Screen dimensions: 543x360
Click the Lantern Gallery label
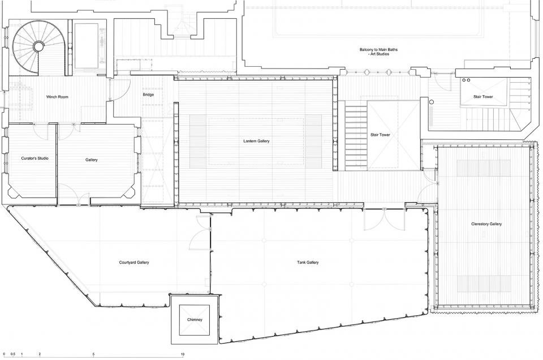pyautogui.click(x=256, y=141)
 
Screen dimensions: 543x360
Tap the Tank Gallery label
pyautogui.click(x=308, y=262)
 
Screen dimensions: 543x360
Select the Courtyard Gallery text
pyautogui.click(x=134, y=262)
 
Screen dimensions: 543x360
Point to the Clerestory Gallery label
pyautogui.click(x=486, y=224)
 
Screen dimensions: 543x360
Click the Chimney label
pyautogui.click(x=195, y=320)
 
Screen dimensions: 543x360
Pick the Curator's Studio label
pyautogui.click(x=35, y=158)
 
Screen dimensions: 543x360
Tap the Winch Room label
pyautogui.click(x=57, y=97)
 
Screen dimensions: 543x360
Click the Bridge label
pyautogui.click(x=148, y=95)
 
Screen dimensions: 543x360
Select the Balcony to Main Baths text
pyautogui.click(x=378, y=50)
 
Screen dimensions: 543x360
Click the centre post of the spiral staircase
pyautogui.click(x=38, y=46)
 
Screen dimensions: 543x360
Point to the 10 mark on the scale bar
pyautogui.click(x=183, y=354)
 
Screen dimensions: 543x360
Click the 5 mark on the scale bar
pyautogui.click(x=93, y=354)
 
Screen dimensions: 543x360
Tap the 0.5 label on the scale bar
pyautogui.click(x=13, y=354)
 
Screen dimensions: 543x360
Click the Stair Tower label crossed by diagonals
pyautogui.click(x=380, y=135)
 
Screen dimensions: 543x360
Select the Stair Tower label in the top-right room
pyautogui.click(x=483, y=97)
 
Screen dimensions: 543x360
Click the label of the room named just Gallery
pyautogui.click(x=92, y=160)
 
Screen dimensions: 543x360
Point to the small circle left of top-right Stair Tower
pyautogui.click(x=432, y=102)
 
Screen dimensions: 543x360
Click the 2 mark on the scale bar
pyautogui.click(x=40, y=354)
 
